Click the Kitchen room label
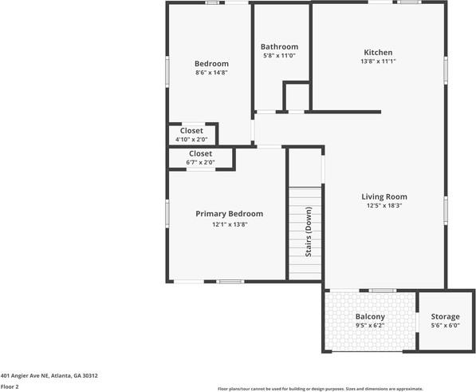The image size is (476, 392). pos(378,53)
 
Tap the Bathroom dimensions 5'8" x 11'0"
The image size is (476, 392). pos(280,56)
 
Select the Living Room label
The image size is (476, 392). pos(384,196)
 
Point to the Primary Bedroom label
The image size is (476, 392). pos(230,214)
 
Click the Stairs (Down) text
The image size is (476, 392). pos(309,232)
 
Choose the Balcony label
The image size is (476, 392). pos(370,317)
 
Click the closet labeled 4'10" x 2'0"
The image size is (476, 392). pos(191,130)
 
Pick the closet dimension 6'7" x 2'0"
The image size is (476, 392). pos(200,162)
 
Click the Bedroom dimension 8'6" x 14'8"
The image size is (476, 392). pos(212,73)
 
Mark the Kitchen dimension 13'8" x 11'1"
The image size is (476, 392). pos(378,61)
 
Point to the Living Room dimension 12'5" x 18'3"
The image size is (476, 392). pos(384,205)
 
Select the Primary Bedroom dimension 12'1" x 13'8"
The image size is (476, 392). pos(230,224)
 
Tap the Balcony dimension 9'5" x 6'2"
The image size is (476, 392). pos(370,326)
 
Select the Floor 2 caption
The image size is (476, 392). pos(10,386)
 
